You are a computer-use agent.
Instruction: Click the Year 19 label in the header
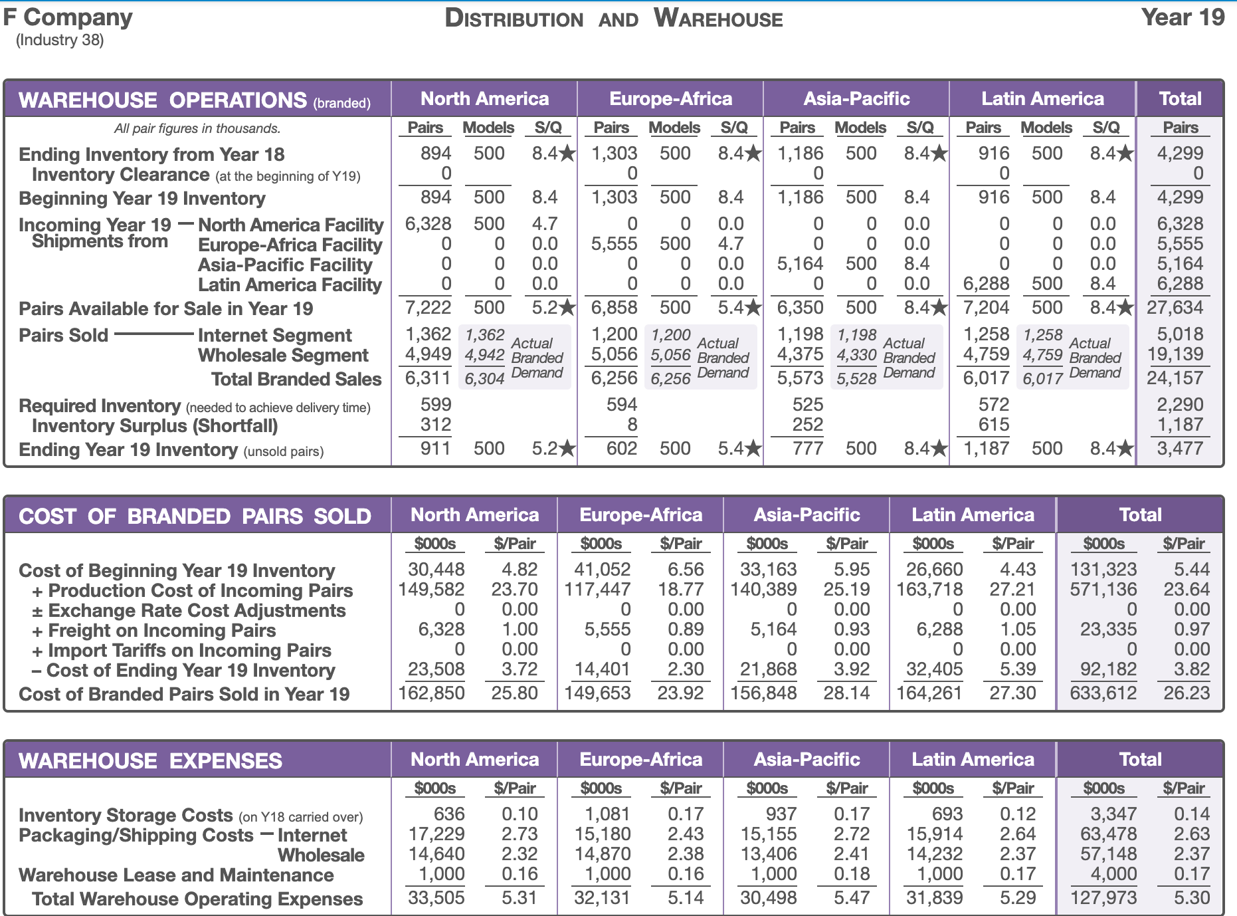(x=1183, y=17)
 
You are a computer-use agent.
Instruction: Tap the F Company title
(x=68, y=17)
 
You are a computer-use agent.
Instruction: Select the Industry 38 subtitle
(x=60, y=40)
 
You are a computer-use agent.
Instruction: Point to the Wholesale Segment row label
(x=283, y=356)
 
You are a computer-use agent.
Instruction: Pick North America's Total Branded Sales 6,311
(x=428, y=378)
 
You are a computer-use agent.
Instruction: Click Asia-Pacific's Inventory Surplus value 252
(x=808, y=425)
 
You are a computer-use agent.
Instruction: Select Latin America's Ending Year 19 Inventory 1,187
(x=986, y=449)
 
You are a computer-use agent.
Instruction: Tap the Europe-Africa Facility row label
(x=290, y=245)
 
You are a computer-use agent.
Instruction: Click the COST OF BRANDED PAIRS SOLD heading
(x=195, y=516)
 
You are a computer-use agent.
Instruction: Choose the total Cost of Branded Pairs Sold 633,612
(x=1103, y=693)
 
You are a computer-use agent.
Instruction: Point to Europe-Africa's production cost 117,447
(x=597, y=590)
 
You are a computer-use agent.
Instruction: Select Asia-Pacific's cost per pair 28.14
(x=846, y=693)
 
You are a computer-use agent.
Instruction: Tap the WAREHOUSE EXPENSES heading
(x=151, y=761)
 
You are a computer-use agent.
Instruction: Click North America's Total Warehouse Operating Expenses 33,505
(x=436, y=898)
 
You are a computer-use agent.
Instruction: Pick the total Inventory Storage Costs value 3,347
(x=1113, y=814)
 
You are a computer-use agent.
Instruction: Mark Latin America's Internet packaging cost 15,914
(x=934, y=834)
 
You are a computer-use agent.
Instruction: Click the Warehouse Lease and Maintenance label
(x=176, y=875)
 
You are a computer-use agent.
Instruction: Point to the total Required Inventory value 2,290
(x=1180, y=405)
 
